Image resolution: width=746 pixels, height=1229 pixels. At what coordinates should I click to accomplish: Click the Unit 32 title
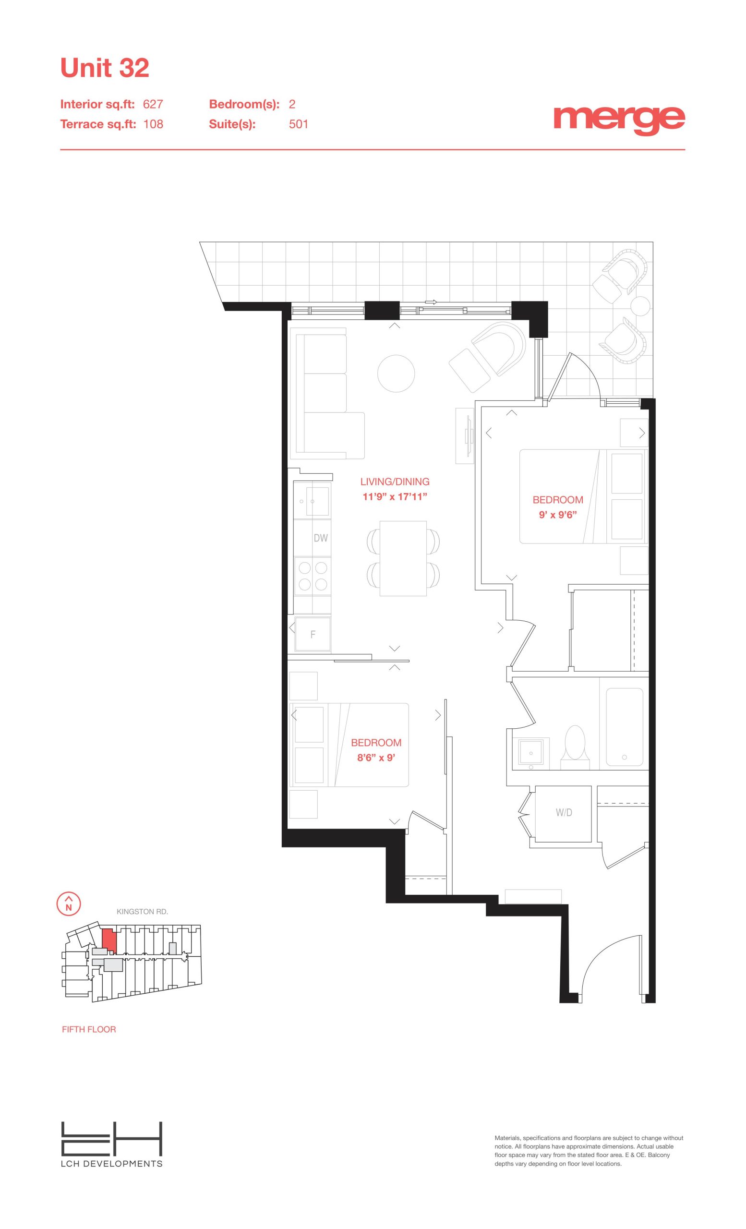coord(105,68)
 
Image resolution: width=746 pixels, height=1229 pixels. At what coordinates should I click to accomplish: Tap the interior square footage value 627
coord(153,104)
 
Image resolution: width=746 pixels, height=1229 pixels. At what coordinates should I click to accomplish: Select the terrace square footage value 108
coord(153,124)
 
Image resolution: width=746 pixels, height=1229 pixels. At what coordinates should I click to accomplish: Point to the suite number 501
coord(299,124)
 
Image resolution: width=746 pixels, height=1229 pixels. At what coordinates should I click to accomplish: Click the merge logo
coord(619,120)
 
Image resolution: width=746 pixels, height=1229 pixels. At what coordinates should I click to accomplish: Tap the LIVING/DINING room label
coord(395,482)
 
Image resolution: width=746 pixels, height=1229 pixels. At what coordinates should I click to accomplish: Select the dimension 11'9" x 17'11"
coord(395,497)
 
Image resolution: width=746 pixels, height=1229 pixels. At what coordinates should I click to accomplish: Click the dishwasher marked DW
coord(312,538)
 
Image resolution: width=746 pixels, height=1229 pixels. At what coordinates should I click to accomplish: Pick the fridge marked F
coord(313,635)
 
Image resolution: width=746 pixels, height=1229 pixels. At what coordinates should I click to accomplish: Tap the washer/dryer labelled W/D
coord(564,812)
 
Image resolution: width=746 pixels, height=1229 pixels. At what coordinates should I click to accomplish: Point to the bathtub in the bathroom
coord(625,727)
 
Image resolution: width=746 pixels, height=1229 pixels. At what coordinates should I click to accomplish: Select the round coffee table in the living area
coord(396,373)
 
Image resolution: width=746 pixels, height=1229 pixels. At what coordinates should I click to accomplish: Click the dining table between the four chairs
coord(403,558)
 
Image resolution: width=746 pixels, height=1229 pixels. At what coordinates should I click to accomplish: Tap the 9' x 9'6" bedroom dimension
coord(558,515)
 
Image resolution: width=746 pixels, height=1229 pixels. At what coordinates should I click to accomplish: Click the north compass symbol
coord(69,904)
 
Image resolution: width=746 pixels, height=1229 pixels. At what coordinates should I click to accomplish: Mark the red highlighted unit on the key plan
coord(109,940)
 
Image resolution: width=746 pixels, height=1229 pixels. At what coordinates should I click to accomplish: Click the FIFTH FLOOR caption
coord(89,1029)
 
